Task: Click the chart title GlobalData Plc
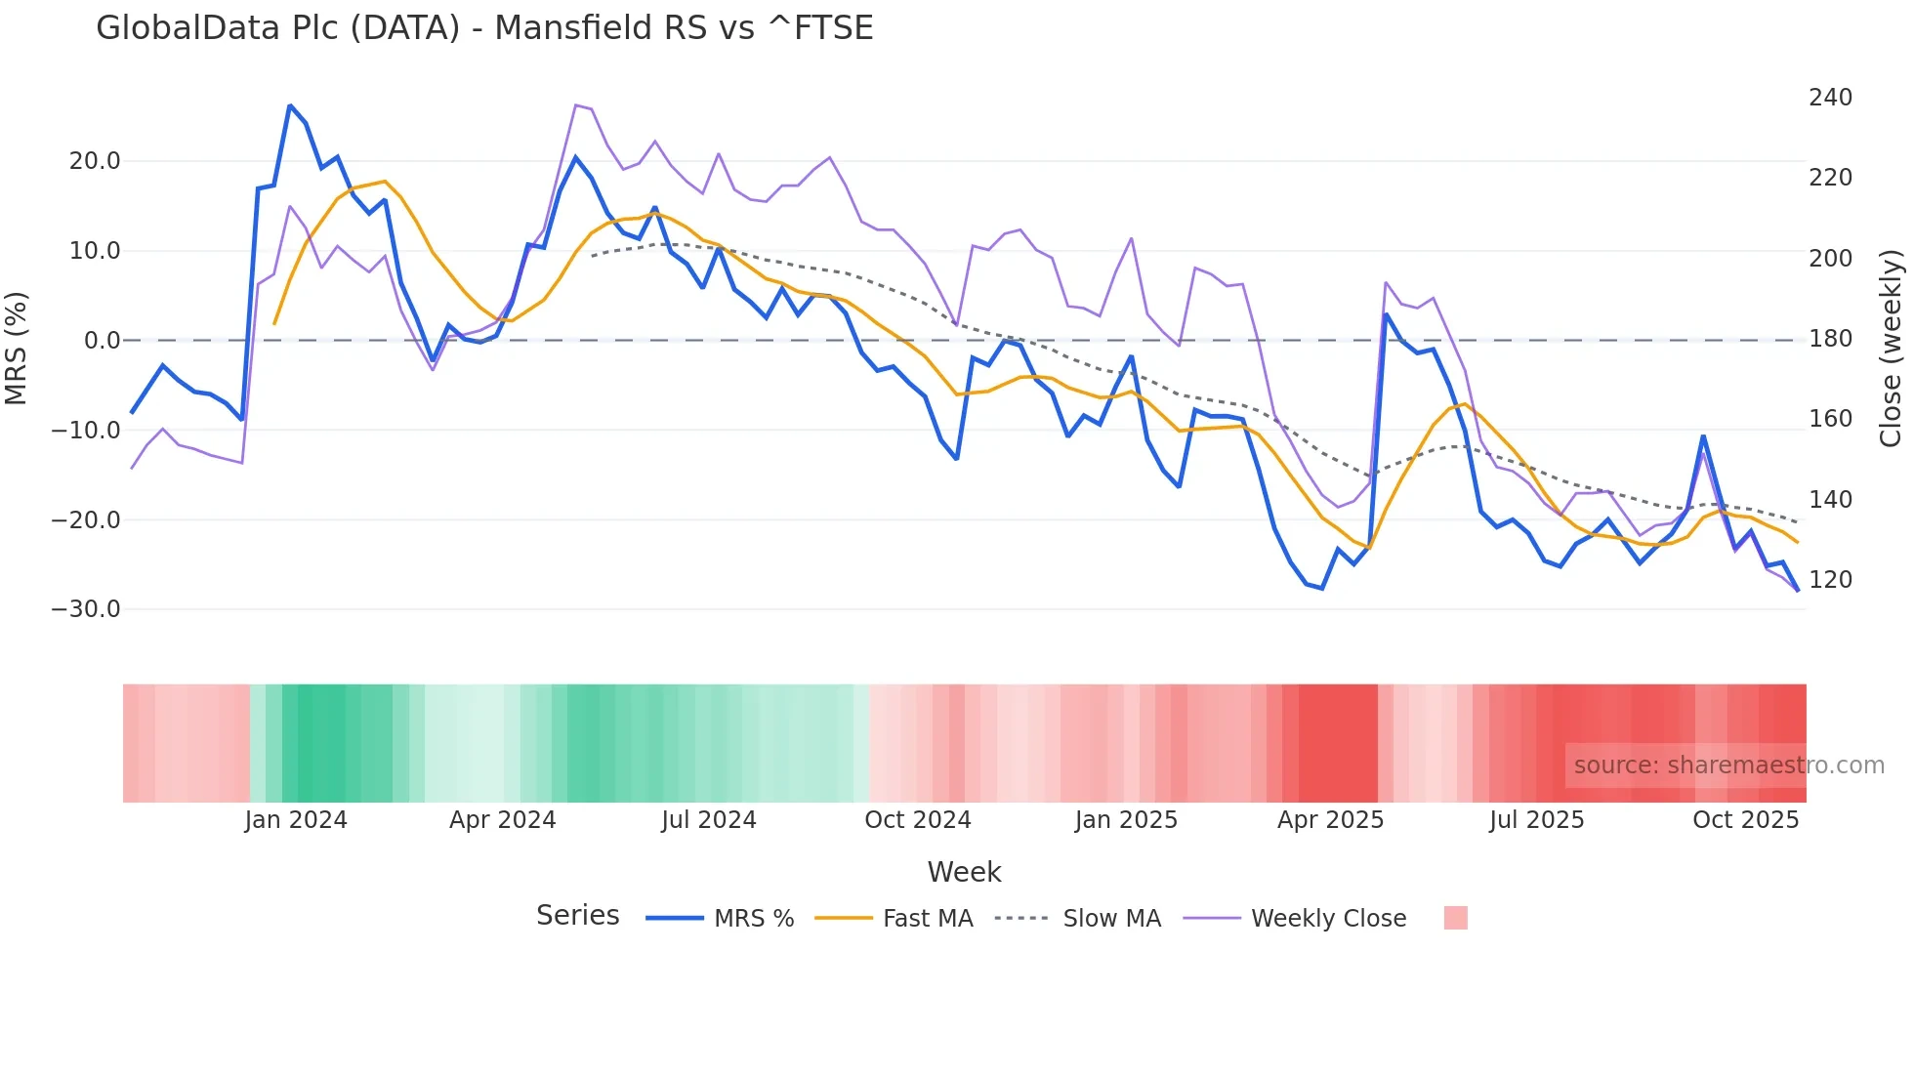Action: click(x=484, y=27)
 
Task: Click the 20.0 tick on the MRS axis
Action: click(x=95, y=161)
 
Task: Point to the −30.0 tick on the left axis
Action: click(x=86, y=609)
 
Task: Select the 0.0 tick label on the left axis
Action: click(x=102, y=341)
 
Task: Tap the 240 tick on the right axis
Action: click(x=1830, y=98)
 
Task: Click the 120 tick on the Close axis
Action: click(x=1830, y=580)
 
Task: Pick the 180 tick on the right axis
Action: click(x=1830, y=339)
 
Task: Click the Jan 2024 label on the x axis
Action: click(x=296, y=820)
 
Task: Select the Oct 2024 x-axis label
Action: click(x=918, y=820)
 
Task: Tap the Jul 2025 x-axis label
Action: click(x=1536, y=820)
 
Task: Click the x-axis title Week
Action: click(x=964, y=872)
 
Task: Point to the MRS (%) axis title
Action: click(x=17, y=348)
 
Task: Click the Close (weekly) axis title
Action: click(x=1891, y=349)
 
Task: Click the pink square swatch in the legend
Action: click(x=1455, y=918)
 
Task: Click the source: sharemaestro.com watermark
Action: click(x=1728, y=766)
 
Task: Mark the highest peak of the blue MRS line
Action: click(x=290, y=105)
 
